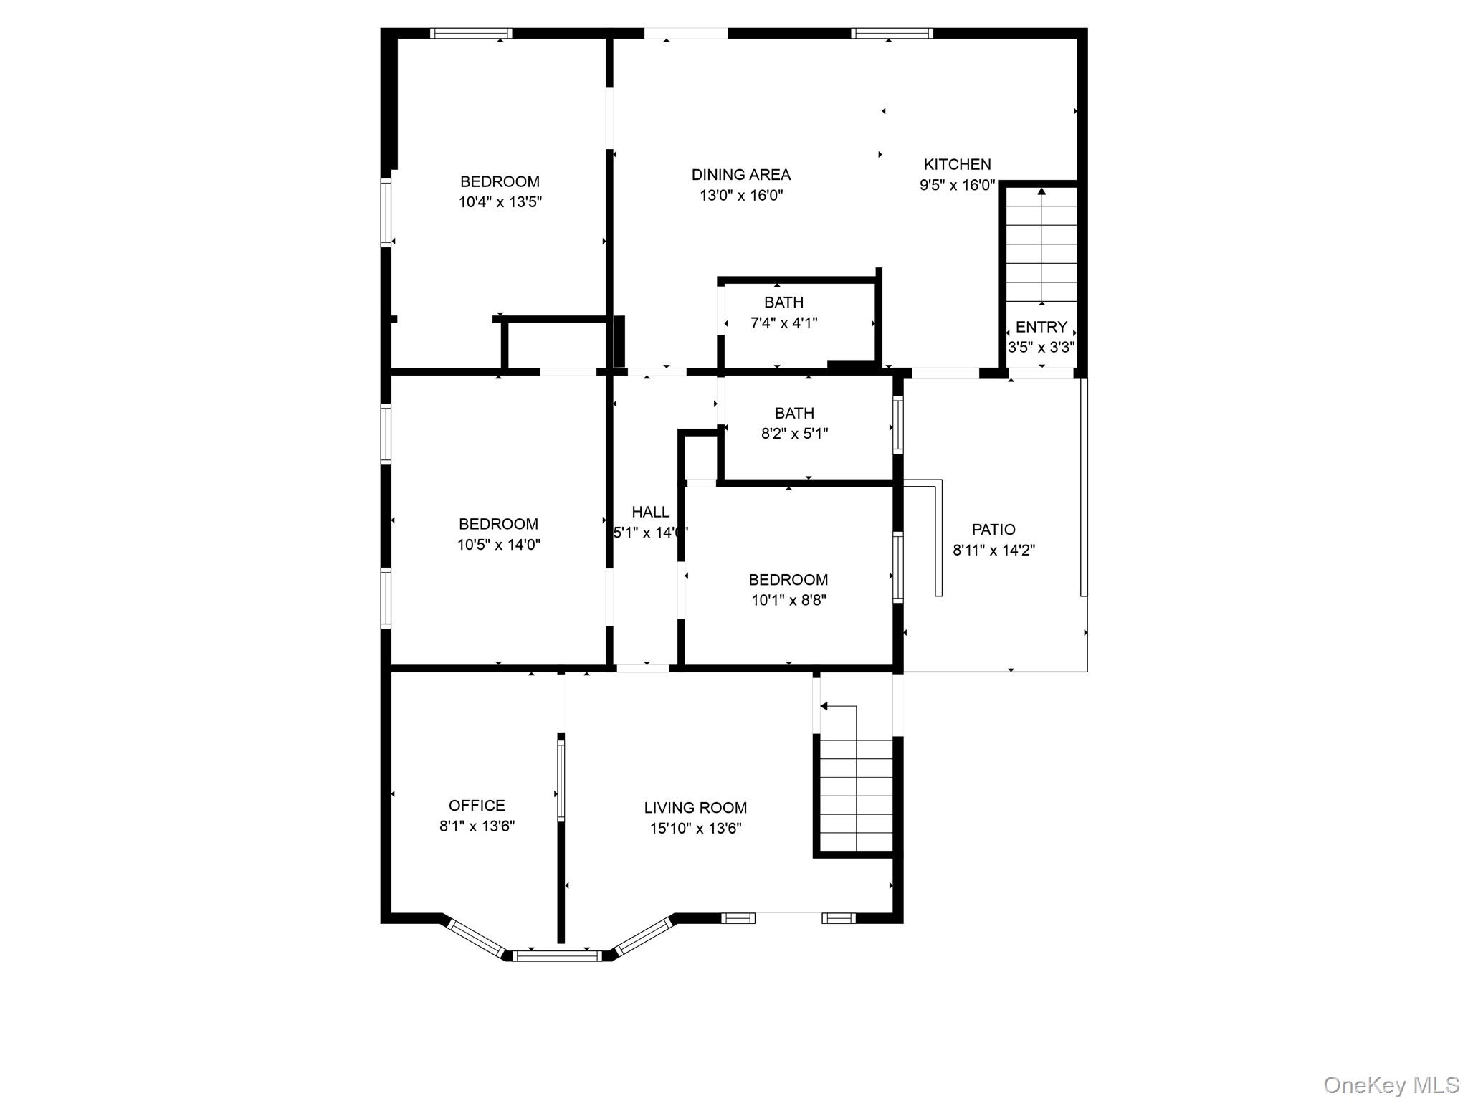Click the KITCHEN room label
click(x=957, y=164)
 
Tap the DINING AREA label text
click(x=740, y=174)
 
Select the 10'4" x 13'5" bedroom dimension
click(x=500, y=202)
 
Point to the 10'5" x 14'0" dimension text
click(x=498, y=545)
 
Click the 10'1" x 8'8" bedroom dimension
click(x=788, y=601)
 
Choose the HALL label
click(x=650, y=512)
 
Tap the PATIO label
click(x=993, y=530)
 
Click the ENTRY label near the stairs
click(x=1041, y=327)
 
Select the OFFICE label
click(x=477, y=806)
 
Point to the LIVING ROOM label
click(x=695, y=808)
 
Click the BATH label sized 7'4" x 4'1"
click(x=783, y=302)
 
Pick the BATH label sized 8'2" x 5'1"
click(x=794, y=413)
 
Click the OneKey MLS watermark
click(x=1391, y=1085)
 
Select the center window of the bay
click(x=557, y=955)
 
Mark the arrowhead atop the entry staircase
click(x=1042, y=191)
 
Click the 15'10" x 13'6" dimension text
click(x=695, y=829)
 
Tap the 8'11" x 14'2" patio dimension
click(x=993, y=550)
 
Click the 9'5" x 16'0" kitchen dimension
click(x=957, y=185)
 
